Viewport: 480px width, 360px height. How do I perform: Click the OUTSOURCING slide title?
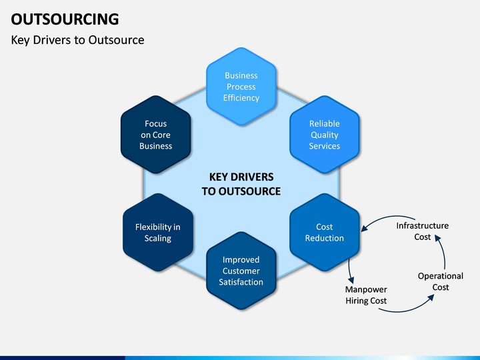(65, 19)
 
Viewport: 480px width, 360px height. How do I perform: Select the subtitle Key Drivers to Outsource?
(77, 40)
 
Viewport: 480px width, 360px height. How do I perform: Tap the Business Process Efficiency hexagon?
(241, 87)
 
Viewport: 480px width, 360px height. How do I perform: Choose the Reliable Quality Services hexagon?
(325, 135)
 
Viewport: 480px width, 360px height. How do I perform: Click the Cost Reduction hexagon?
(325, 233)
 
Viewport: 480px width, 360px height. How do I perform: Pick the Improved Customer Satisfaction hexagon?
(241, 271)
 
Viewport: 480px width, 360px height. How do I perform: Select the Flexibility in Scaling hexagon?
(158, 233)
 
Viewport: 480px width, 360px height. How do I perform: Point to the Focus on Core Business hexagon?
(156, 135)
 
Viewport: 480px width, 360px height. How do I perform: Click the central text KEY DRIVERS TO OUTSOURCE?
(241, 184)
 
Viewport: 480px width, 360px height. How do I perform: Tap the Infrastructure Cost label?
(423, 231)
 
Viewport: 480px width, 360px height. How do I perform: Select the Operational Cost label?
(441, 281)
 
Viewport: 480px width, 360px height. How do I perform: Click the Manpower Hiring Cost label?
(366, 295)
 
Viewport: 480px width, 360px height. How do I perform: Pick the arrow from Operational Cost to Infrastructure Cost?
(444, 251)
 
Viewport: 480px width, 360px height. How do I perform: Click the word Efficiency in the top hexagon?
(241, 98)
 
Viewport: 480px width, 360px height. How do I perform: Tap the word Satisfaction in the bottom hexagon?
(241, 282)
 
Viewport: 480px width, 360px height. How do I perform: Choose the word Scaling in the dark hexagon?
(158, 238)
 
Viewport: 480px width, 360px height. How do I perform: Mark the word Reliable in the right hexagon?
(325, 124)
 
